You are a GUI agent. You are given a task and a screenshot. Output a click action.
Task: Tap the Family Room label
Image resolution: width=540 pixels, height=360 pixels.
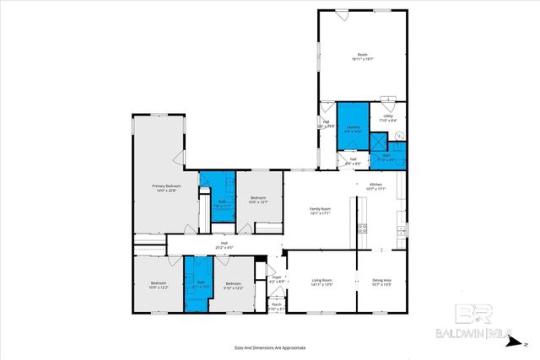[320, 210]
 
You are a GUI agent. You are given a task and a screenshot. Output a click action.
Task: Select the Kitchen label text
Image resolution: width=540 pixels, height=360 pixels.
[376, 185]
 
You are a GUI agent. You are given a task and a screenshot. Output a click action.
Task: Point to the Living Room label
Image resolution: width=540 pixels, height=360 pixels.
[321, 282]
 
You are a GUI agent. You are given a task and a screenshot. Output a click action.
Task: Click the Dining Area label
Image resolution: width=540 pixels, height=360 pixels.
[381, 282]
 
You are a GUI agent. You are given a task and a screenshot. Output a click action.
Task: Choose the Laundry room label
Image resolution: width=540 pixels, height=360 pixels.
[353, 128]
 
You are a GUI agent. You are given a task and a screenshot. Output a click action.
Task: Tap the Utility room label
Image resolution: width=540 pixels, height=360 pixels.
[388, 118]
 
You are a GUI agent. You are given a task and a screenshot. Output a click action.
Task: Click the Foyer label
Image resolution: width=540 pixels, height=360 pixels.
[276, 279]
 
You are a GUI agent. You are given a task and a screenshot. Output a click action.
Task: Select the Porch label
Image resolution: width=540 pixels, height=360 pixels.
[275, 307]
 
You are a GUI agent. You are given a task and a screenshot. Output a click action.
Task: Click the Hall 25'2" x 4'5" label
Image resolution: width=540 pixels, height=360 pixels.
[224, 245]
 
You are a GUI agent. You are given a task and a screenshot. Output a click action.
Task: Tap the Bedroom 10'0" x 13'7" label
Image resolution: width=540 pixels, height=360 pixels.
[258, 200]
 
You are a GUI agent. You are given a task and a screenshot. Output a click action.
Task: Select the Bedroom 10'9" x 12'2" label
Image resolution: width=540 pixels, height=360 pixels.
[159, 285]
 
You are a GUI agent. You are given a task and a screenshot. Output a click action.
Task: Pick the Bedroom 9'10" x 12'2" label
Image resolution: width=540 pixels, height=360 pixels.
[234, 285]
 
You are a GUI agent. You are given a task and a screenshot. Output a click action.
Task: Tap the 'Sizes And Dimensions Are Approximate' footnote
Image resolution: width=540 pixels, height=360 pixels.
[270, 347]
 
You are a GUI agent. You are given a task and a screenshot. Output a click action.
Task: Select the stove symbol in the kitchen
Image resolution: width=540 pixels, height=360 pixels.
[362, 228]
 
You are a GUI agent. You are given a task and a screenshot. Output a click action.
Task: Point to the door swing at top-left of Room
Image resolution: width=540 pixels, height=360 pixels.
[341, 14]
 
